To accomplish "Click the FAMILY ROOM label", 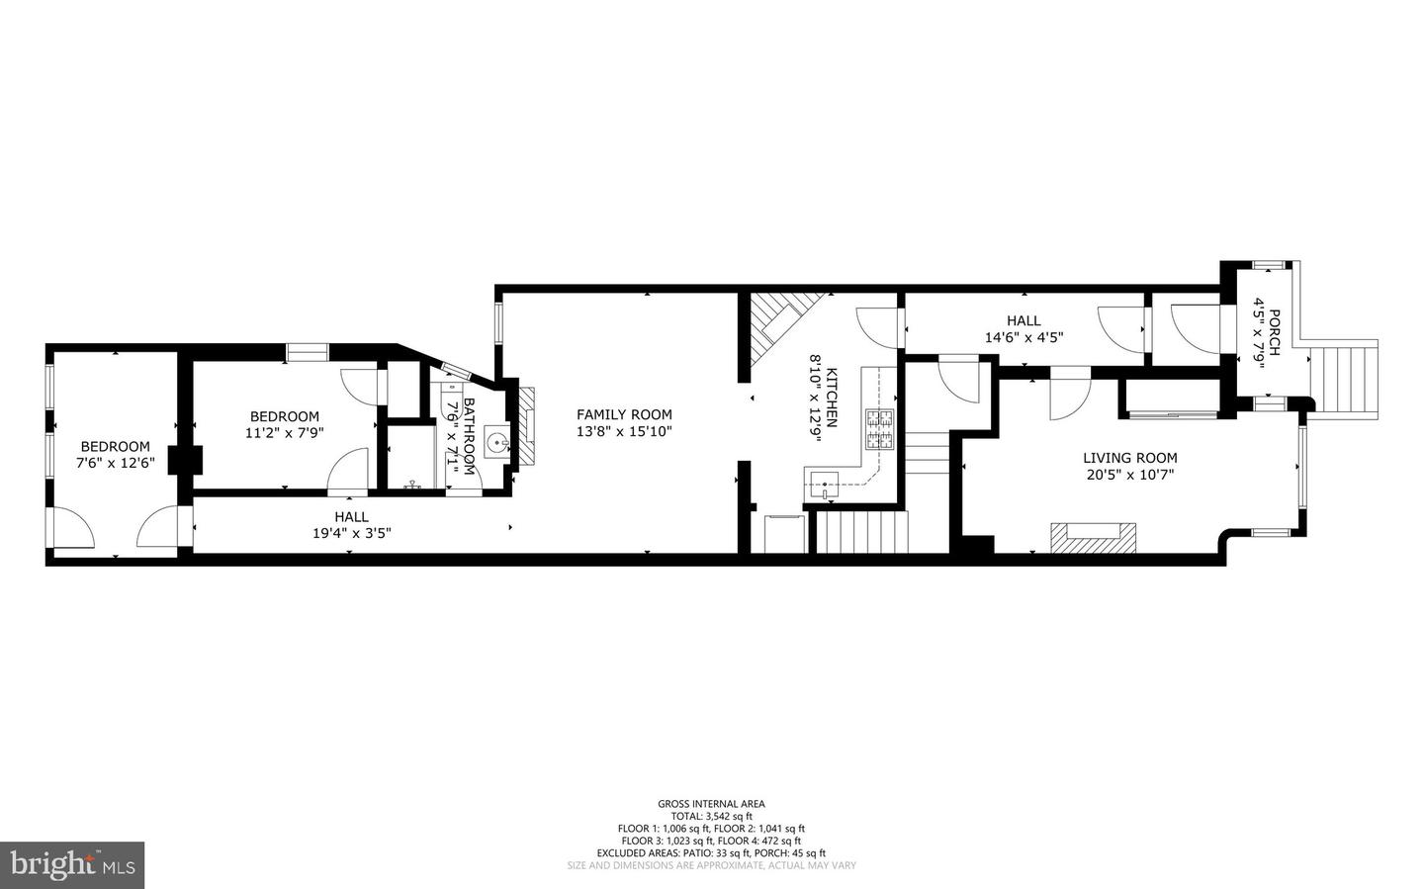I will pyautogui.click(x=624, y=415).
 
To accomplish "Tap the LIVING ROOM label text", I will pyautogui.click(x=1129, y=458).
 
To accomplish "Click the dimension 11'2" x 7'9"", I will pyautogui.click(x=284, y=433).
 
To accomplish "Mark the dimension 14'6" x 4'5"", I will pyautogui.click(x=1023, y=337).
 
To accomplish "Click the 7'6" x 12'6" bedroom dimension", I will pyautogui.click(x=116, y=463).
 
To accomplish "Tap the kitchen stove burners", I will pyautogui.click(x=879, y=429).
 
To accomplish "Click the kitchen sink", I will pyautogui.click(x=823, y=485).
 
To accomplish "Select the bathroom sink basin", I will pyautogui.click(x=496, y=442).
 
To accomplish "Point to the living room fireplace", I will pyautogui.click(x=1093, y=535).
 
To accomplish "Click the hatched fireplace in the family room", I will pyautogui.click(x=529, y=424).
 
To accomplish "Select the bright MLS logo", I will pyautogui.click(x=72, y=865).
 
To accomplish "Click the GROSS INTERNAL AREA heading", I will pyautogui.click(x=711, y=804).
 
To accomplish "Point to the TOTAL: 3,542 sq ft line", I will pyautogui.click(x=711, y=817).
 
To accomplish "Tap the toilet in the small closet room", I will pyautogui.click(x=411, y=485).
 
